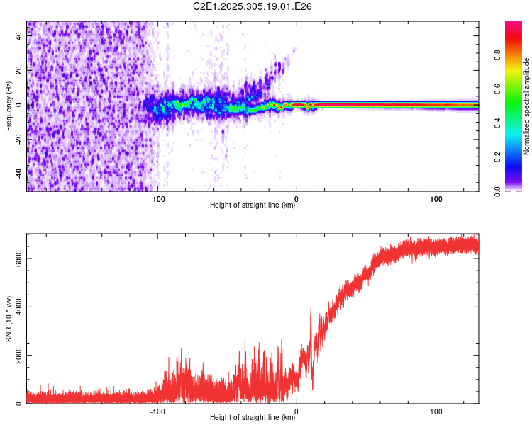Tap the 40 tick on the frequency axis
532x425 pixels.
coord(18,37)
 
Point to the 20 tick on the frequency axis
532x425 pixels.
coord(18,71)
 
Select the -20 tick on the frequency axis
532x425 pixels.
coord(18,140)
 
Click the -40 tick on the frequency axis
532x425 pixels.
coord(18,174)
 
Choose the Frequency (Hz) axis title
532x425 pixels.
coord(9,106)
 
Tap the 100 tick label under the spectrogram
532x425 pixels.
coord(436,198)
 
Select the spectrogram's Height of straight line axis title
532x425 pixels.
coord(253,205)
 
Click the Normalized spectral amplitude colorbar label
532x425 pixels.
coord(526,106)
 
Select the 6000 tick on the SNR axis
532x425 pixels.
coord(18,259)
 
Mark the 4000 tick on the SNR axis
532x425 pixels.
coord(18,307)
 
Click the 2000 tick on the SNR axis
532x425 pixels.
coord(18,356)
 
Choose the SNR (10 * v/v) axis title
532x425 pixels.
coord(9,319)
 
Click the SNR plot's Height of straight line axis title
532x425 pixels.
coord(253,418)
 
